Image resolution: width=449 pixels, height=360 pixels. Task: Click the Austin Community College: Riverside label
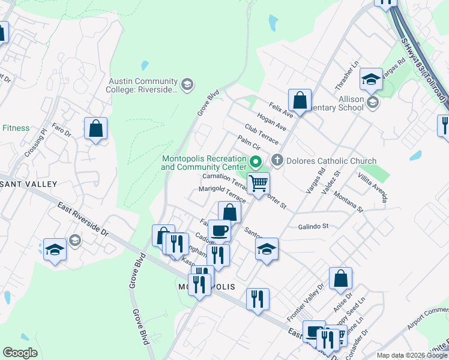point(143,86)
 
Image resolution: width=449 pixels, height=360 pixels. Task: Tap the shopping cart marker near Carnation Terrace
point(258,182)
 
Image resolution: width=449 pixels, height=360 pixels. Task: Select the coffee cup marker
point(219,230)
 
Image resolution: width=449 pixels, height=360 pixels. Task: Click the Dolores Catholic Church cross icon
point(277,161)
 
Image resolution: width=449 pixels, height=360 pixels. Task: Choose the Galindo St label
point(313,226)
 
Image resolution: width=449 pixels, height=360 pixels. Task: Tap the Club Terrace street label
point(262,134)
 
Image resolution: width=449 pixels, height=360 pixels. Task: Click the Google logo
point(20,353)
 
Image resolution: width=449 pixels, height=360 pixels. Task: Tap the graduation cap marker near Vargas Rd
point(371,79)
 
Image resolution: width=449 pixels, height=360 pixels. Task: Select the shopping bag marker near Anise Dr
point(340,278)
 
